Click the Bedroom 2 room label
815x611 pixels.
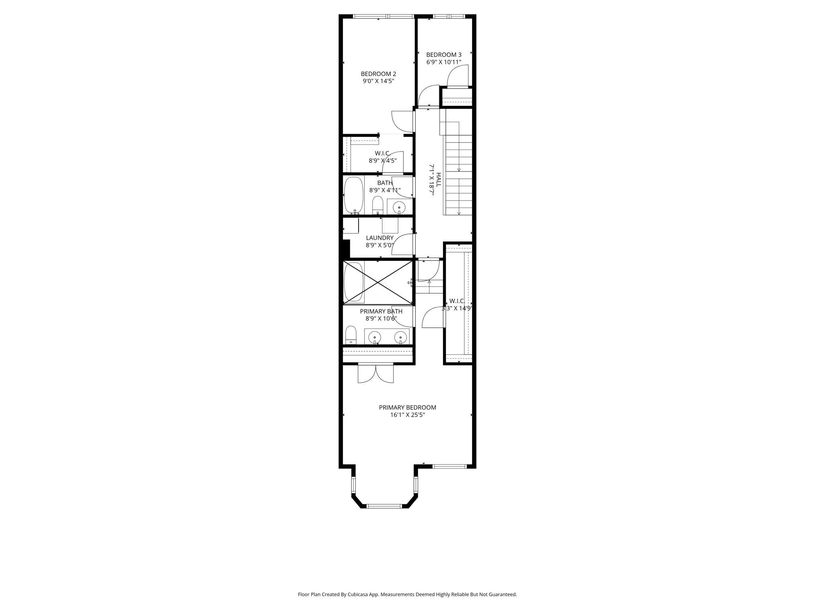click(378, 74)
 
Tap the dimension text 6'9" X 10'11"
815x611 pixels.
click(444, 62)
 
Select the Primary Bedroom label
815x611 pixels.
click(407, 407)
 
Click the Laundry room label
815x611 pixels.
click(380, 238)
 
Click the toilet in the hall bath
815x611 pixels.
click(377, 205)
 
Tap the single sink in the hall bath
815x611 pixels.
click(399, 207)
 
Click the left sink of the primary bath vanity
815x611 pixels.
click(374, 337)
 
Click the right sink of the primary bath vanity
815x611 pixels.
click(400, 337)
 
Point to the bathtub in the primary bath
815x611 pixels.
click(353, 282)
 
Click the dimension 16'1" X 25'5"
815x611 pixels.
click(407, 415)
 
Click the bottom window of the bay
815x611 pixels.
click(384, 506)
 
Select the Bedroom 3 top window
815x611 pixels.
click(448, 16)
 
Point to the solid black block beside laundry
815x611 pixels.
click(346, 249)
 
